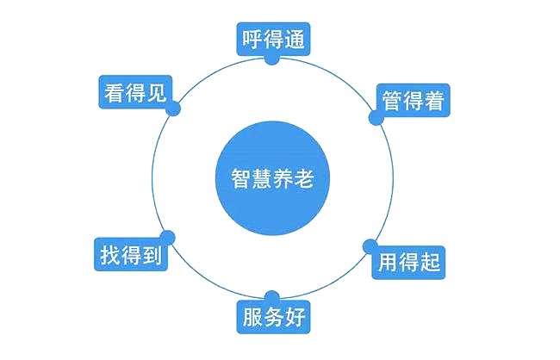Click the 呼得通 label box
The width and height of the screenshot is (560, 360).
(x=273, y=39)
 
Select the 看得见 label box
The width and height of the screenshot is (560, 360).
(x=135, y=92)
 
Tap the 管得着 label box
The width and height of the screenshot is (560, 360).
(x=414, y=101)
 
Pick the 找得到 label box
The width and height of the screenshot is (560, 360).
(x=131, y=254)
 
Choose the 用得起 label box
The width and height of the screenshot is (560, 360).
(x=408, y=263)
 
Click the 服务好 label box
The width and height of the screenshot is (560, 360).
(x=273, y=317)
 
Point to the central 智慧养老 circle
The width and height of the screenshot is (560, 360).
(x=272, y=178)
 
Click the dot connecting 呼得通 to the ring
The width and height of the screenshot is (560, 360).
(x=271, y=59)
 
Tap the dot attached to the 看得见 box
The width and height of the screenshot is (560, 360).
(x=173, y=109)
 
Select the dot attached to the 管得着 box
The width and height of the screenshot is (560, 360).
(x=376, y=118)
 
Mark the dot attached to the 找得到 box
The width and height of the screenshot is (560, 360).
(x=167, y=238)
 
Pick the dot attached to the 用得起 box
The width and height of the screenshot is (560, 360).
(x=370, y=246)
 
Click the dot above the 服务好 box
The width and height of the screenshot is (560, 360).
(x=272, y=298)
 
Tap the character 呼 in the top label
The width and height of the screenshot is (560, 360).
(x=252, y=40)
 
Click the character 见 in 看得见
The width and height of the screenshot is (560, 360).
(x=157, y=92)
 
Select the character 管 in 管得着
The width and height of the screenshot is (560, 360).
(x=393, y=101)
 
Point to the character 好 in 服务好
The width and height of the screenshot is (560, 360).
(x=295, y=317)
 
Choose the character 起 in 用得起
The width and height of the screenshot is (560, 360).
(x=430, y=263)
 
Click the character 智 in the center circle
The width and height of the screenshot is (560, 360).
(x=241, y=178)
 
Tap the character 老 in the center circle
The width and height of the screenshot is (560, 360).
(x=304, y=178)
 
